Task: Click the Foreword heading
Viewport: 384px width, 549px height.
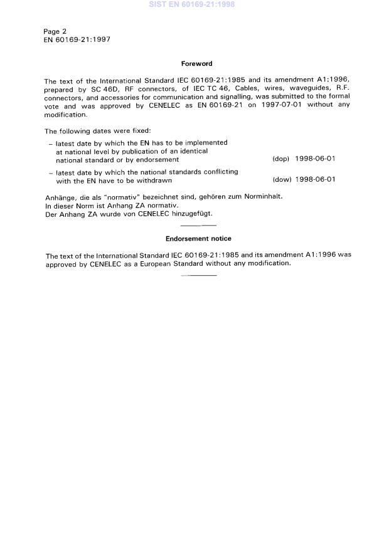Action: click(196, 63)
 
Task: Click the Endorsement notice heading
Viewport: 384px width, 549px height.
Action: click(198, 239)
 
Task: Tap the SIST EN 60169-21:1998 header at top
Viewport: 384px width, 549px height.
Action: click(192, 4)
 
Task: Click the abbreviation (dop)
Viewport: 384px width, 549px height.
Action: click(280, 159)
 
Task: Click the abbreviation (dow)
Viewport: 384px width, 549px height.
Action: click(281, 180)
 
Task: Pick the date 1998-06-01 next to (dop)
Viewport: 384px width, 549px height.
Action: click(315, 159)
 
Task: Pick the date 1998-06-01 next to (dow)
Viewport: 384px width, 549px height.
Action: click(315, 180)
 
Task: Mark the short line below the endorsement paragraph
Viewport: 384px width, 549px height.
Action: click(198, 275)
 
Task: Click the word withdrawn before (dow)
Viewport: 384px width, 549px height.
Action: click(154, 180)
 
